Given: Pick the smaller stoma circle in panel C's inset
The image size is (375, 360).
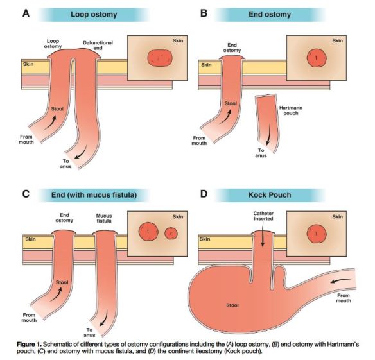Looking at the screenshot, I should click(x=171, y=233).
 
